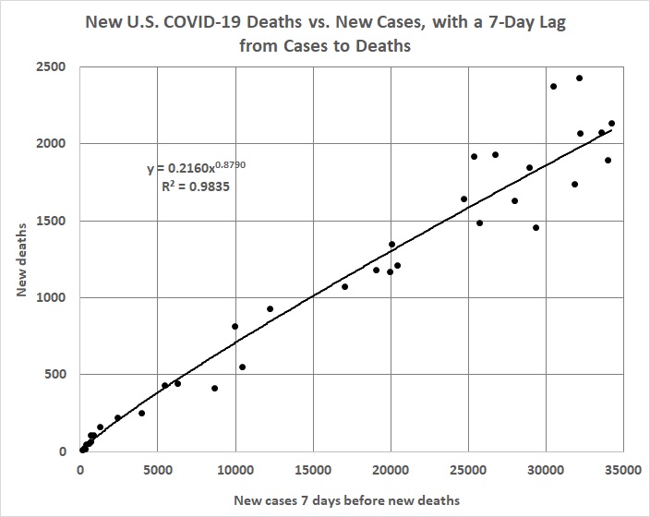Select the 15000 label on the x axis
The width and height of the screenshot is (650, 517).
[x=312, y=469]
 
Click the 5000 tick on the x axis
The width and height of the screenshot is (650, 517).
[x=158, y=469]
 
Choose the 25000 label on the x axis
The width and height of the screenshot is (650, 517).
[x=467, y=469]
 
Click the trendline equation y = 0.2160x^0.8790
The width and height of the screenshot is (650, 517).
[x=196, y=168]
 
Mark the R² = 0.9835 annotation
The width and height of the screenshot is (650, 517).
[x=194, y=186]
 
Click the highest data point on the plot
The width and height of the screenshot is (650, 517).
[x=579, y=78]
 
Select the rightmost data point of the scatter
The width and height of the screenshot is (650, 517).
[x=611, y=124]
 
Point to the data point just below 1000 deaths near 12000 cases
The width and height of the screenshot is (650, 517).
[x=270, y=309]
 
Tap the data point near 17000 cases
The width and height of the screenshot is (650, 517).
[x=344, y=287]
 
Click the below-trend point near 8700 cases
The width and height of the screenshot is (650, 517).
[x=214, y=389]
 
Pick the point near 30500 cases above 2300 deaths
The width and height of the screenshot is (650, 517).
[x=553, y=87]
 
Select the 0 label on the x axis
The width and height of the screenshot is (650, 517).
[x=80, y=469]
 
